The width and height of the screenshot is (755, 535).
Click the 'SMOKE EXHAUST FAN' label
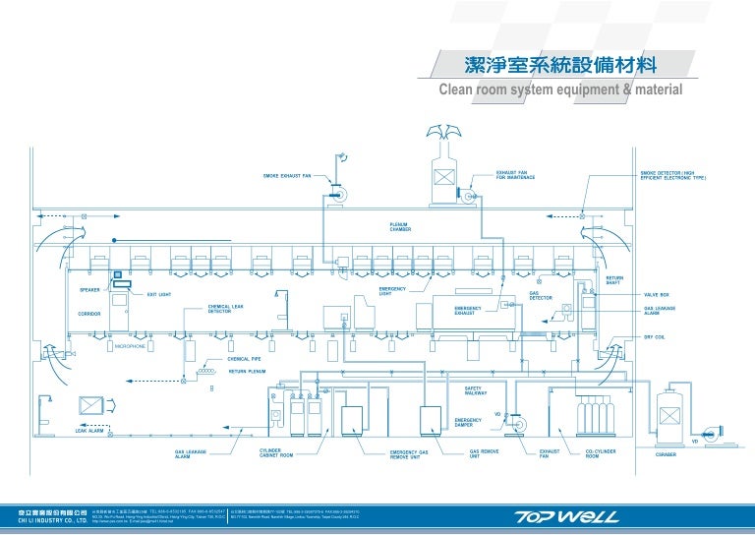pos(286,176)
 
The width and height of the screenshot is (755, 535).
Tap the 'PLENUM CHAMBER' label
pos(400,227)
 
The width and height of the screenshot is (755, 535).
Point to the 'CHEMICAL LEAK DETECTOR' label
pos(225,309)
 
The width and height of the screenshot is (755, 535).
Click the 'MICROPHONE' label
pos(130,347)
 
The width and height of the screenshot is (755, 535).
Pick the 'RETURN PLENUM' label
pos(248,372)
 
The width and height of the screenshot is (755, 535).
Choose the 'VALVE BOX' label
pos(657,294)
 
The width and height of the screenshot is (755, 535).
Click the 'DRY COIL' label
pos(656,337)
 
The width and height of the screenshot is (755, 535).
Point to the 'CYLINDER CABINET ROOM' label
pos(276,452)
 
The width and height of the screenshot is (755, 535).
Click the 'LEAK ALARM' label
pos(89,431)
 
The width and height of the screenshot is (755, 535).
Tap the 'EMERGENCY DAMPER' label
pos(468,422)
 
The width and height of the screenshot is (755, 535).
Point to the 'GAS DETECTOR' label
pos(541,294)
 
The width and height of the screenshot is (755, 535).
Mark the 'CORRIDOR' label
pos(90,314)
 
